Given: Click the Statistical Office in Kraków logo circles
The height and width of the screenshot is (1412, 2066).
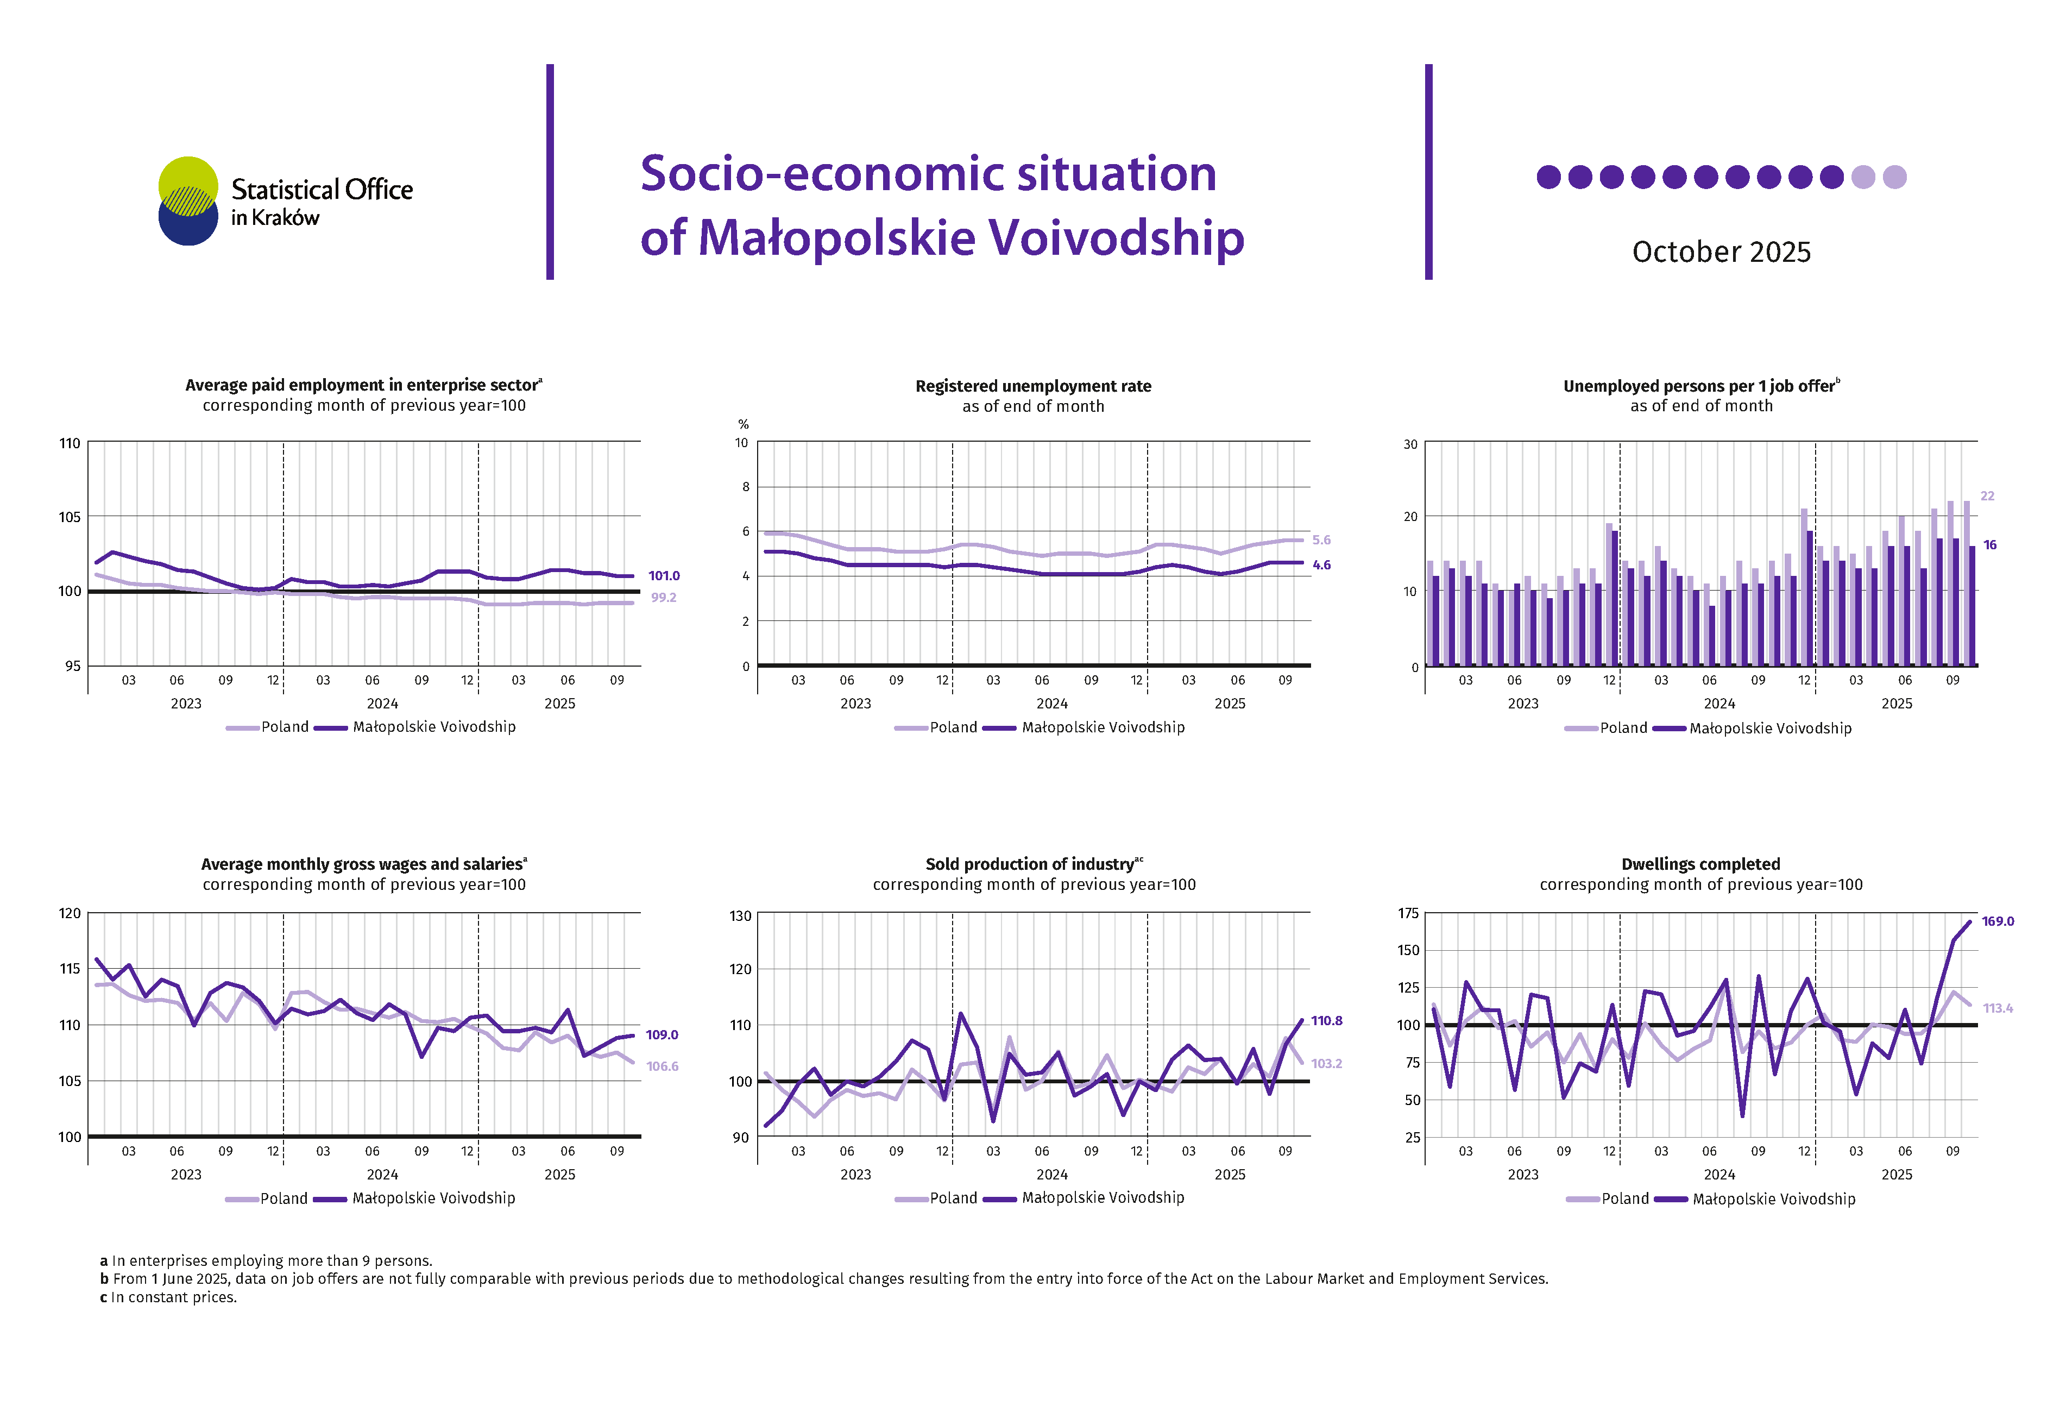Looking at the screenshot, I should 187,201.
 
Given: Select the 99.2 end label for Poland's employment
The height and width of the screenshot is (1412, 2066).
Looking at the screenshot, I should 663,598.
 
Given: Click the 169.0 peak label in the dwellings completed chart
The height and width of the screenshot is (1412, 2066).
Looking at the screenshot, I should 1998,921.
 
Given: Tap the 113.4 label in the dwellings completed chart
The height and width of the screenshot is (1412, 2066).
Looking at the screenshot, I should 1998,1008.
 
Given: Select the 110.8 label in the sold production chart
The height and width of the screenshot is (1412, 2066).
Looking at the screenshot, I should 1326,1021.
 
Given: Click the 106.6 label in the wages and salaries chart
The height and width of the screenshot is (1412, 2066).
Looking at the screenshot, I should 662,1066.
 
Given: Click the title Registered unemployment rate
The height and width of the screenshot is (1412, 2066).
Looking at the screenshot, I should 1033,386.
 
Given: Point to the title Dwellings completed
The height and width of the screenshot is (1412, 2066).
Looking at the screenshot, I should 1700,864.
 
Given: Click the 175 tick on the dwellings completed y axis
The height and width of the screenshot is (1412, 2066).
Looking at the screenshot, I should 1408,913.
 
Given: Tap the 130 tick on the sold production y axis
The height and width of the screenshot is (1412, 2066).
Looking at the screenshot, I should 740,916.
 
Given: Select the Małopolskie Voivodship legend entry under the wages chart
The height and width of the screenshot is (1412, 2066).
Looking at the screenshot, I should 433,1198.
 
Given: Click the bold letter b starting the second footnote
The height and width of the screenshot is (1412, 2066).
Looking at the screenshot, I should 104,1279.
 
